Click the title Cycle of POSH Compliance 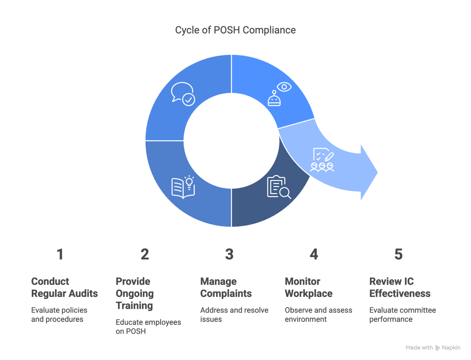coord(235,30)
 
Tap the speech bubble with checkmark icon coord(183,94)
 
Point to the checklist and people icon coord(322,159)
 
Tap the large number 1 coord(60,254)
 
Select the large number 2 coord(145,254)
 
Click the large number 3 coord(229,254)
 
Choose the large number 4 coord(314,254)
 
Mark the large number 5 coord(398,254)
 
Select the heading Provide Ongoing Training coord(135,294)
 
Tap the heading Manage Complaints coord(226,287)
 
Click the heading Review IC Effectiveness coord(400,287)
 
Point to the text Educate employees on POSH coord(148,327)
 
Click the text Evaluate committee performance coord(402,315)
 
